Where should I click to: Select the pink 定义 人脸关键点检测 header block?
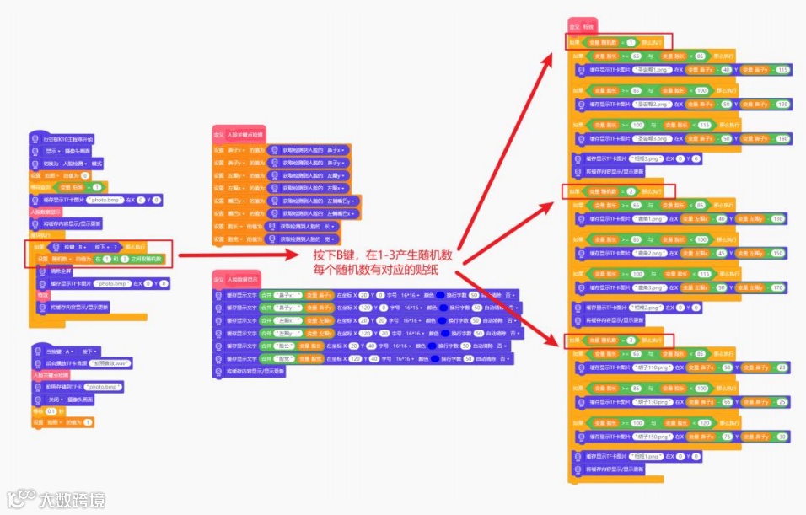(x=239, y=134)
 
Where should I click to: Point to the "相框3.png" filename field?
(x=645, y=158)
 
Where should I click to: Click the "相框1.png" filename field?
(x=645, y=456)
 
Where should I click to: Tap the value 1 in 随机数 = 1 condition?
(x=630, y=41)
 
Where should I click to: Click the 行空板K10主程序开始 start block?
(x=62, y=138)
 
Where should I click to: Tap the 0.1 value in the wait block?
(x=52, y=411)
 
